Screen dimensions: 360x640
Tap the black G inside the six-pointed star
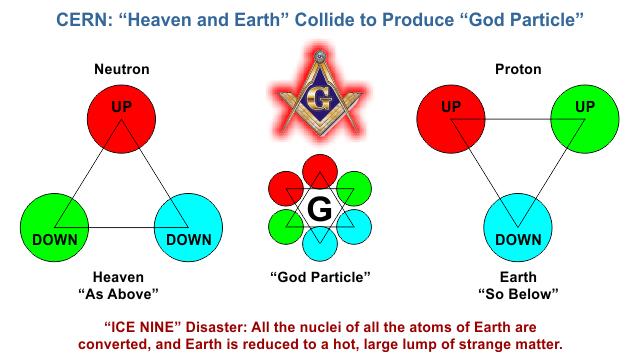(320, 210)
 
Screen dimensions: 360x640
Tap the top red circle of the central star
(320, 171)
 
